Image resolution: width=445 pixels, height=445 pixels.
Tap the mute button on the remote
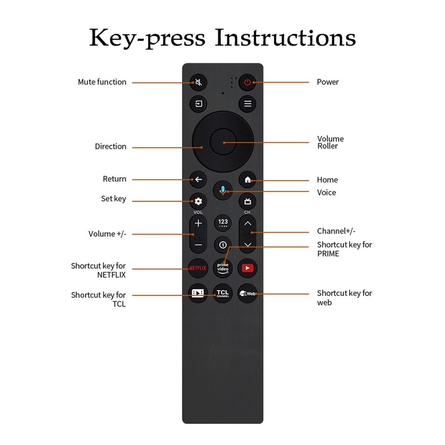pos(198,82)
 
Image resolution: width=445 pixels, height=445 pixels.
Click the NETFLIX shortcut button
pos(198,268)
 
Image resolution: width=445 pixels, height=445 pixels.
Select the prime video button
pos(223,268)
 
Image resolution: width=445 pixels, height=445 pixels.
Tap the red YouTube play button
pos(247,268)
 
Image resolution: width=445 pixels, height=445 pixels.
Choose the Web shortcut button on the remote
pos(247,293)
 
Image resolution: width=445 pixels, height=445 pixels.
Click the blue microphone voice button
pos(223,190)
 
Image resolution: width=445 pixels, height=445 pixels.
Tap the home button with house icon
pos(247,179)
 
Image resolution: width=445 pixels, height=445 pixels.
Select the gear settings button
pos(198,201)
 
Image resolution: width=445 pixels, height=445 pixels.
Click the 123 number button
pos(223,223)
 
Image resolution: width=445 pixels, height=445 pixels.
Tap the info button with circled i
pos(223,245)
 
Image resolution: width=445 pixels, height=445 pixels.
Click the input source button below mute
pos(198,104)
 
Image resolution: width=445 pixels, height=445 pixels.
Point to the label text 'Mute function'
pos(102,82)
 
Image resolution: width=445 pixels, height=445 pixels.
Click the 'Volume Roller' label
pos(330,142)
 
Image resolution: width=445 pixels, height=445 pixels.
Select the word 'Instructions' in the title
pos(285,38)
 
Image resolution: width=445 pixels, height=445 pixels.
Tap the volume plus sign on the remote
pos(198,223)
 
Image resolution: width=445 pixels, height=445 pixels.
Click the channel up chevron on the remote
pos(248,223)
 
